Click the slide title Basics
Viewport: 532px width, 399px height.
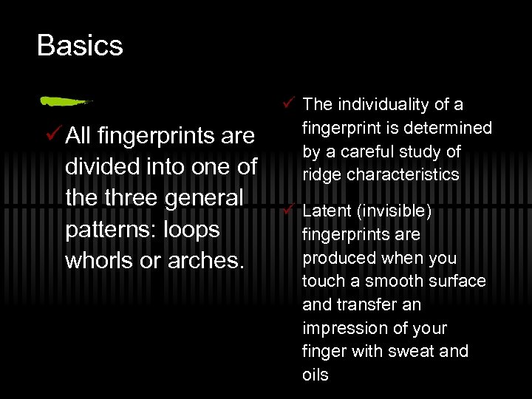point(80,46)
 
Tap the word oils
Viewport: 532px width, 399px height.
point(316,375)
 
